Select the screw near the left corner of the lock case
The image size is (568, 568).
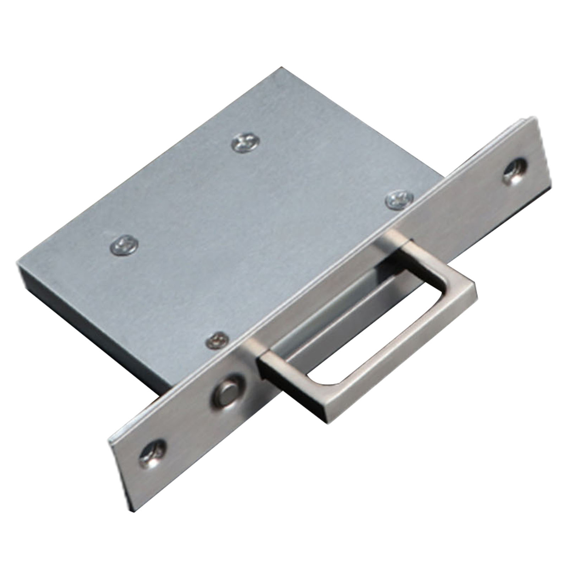[x=123, y=245]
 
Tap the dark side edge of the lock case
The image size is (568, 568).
[x=89, y=312]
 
